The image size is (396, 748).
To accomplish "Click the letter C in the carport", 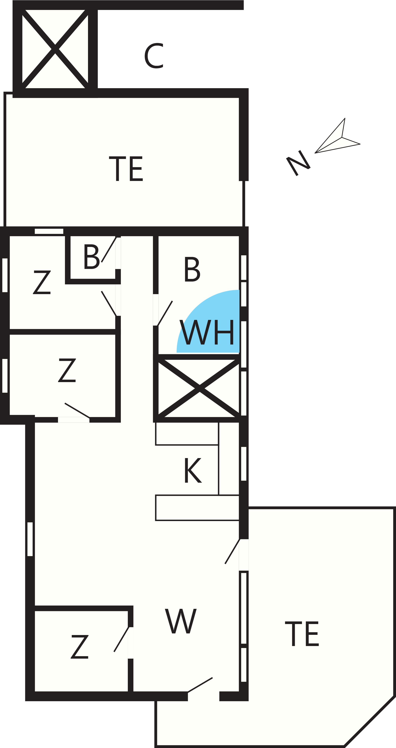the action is click(x=154, y=56).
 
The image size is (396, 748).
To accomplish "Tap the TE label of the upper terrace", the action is click(x=126, y=169).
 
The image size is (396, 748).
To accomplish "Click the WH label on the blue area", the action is click(x=207, y=332).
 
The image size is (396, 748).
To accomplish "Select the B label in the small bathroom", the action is click(x=92, y=256).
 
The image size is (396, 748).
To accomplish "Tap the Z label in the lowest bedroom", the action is click(x=80, y=647).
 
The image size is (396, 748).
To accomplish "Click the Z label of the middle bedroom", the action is click(x=67, y=370).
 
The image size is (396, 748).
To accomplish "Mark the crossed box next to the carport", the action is click(x=55, y=49).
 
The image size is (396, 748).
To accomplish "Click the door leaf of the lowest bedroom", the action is click(x=121, y=639).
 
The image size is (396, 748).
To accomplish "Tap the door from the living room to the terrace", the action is click(x=232, y=551).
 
